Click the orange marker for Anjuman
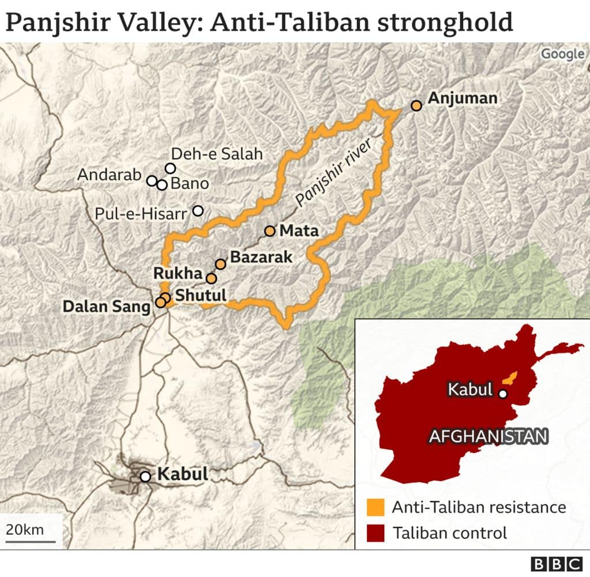pyautogui.click(x=417, y=105)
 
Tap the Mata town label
pyautogui.click(x=298, y=231)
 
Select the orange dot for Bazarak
pyautogui.click(x=221, y=264)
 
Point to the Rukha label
pyautogui.click(x=178, y=273)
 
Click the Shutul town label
pyautogui.click(x=201, y=295)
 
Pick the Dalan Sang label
pyautogui.click(x=107, y=307)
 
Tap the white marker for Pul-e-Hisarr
pyautogui.click(x=198, y=210)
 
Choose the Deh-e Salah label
pyautogui.click(x=217, y=154)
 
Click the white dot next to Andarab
pyautogui.click(x=152, y=180)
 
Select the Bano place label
pyautogui.click(x=190, y=184)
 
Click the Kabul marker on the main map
pyautogui.click(x=146, y=476)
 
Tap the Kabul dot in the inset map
pyautogui.click(x=503, y=394)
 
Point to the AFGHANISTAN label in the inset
pyautogui.click(x=487, y=436)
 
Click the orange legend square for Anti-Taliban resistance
pyautogui.click(x=375, y=507)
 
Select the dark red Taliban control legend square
pyautogui.click(x=375, y=533)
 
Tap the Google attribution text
pyautogui.click(x=562, y=54)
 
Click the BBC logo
pyautogui.click(x=557, y=564)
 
